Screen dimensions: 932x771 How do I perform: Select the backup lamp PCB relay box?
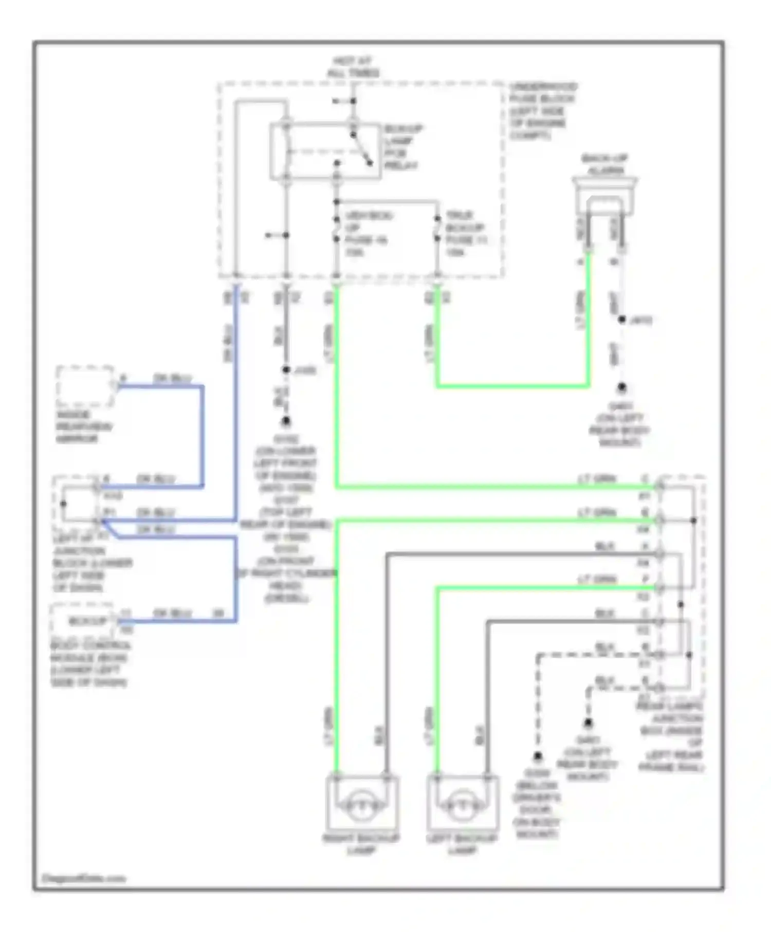point(325,152)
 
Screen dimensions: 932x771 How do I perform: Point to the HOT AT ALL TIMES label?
point(353,67)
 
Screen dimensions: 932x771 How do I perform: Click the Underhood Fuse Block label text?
point(542,111)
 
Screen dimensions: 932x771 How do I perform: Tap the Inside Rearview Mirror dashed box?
point(85,386)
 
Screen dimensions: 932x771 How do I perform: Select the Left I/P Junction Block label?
point(91,563)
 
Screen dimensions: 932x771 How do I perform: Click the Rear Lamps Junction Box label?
point(671,737)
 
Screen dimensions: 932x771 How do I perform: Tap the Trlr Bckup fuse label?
point(466,234)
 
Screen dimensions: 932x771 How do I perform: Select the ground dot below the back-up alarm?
point(622,386)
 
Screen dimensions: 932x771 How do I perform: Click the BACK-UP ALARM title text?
point(605,164)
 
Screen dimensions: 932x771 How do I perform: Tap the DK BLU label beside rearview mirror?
point(172,379)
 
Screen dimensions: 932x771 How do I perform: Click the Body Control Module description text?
point(89,664)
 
